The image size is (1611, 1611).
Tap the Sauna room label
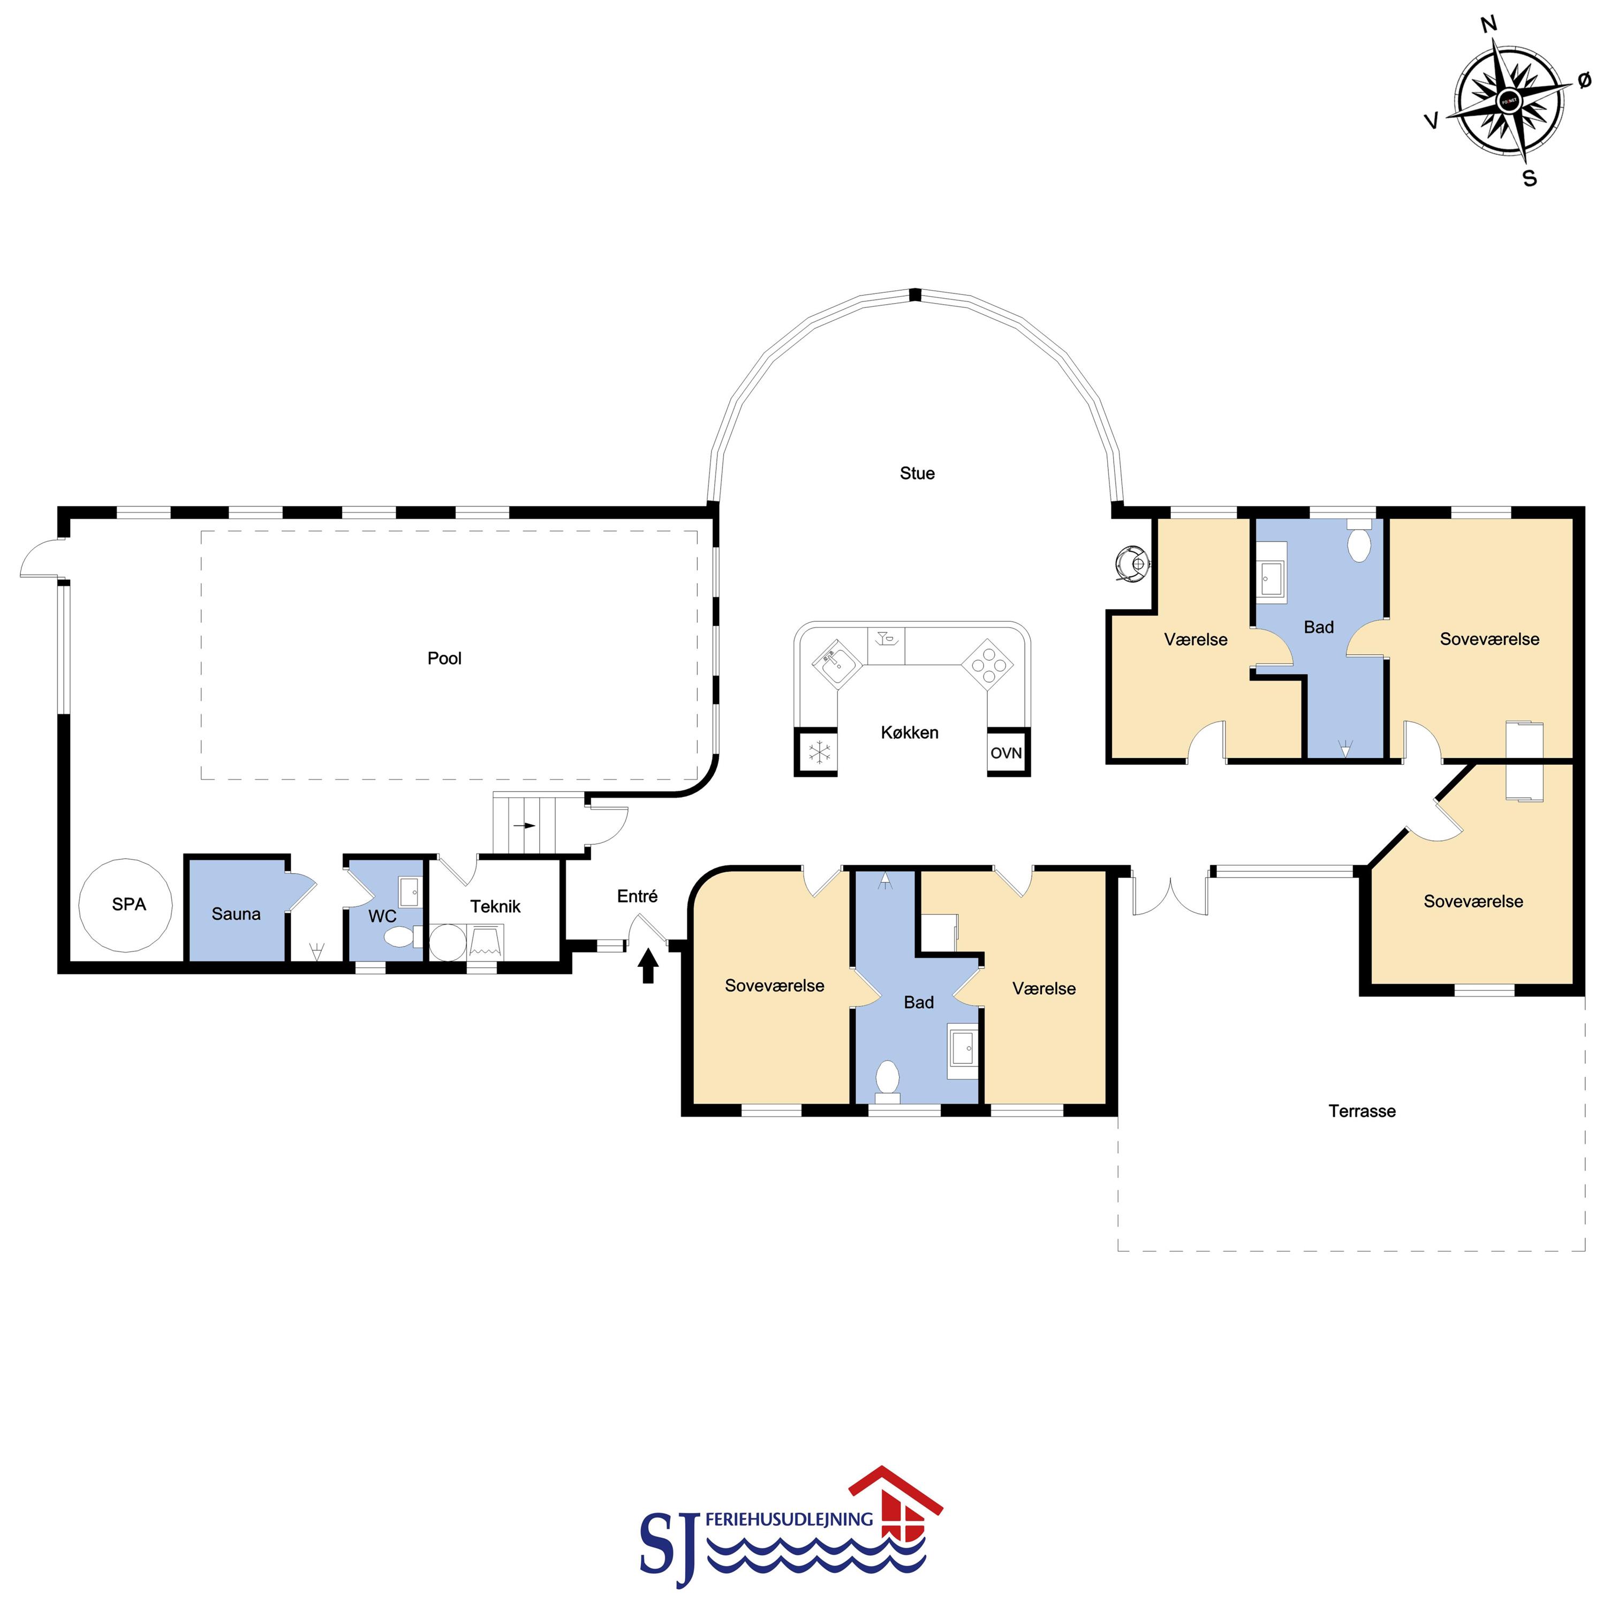236,914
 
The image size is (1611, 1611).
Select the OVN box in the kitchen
1007,753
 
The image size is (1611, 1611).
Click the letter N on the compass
1488,24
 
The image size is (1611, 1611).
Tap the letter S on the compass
1529,178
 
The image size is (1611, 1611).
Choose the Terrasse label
1362,1111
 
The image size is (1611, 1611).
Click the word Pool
444,658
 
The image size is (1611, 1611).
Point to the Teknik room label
495,906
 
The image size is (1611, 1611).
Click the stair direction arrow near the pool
525,826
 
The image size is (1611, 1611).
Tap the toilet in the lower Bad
887,1077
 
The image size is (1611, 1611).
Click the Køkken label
910,732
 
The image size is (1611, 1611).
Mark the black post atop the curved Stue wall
915,294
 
